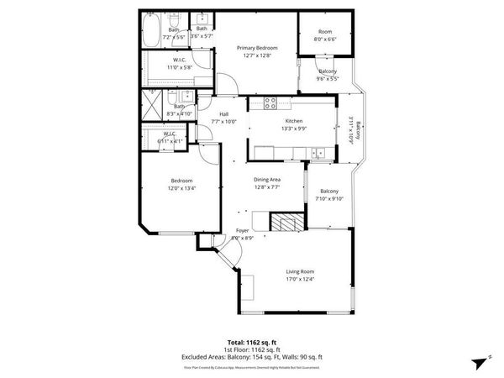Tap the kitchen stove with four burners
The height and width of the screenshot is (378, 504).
point(270,104)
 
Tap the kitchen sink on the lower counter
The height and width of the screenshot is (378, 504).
point(318,153)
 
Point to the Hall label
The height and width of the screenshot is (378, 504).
point(224,114)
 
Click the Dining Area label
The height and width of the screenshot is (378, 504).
point(267,180)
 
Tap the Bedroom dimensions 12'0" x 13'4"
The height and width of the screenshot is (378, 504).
point(182,188)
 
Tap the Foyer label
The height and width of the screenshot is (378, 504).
point(242,230)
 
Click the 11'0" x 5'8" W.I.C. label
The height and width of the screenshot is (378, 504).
point(180,67)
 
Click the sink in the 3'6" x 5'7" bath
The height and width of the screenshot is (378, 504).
point(202,21)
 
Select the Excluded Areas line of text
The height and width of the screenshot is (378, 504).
point(252,357)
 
